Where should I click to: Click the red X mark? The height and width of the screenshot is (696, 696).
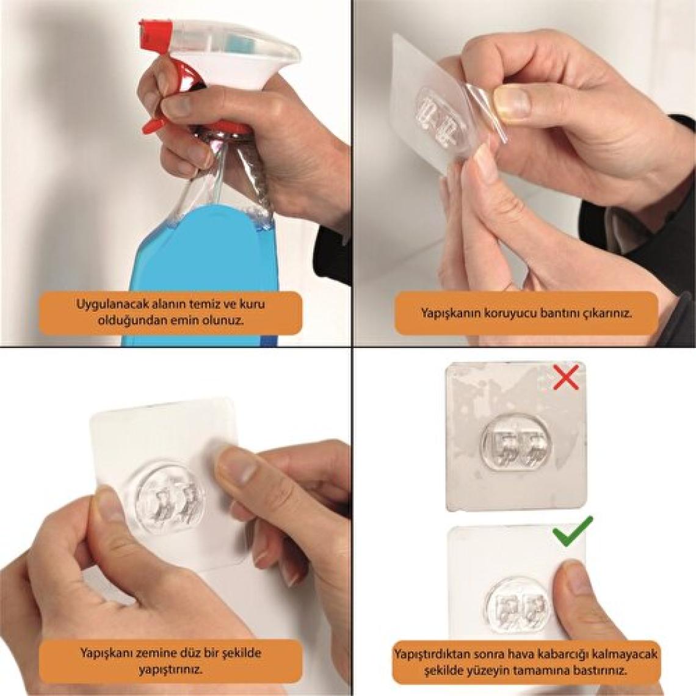[x=567, y=377]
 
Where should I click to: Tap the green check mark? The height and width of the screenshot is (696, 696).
[x=573, y=531]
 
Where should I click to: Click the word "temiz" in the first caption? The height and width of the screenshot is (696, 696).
[x=212, y=305]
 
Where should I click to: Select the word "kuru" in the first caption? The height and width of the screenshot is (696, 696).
[x=252, y=305]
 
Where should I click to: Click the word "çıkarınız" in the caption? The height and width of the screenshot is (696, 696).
[x=611, y=313]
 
